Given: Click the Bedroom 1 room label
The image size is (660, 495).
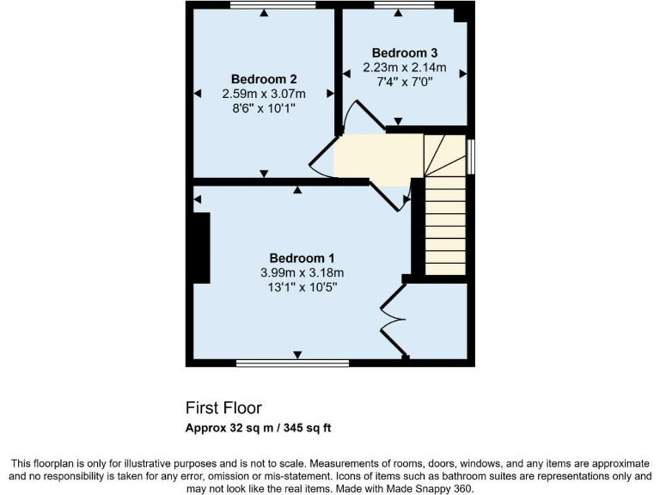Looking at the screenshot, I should click(302, 258).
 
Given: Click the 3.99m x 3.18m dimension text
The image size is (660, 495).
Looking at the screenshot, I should click(302, 273).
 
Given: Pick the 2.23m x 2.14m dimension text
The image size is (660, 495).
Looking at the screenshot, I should click(404, 68).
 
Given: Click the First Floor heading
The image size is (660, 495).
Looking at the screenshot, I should click(223, 407).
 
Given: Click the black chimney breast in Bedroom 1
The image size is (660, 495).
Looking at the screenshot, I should click(201, 247).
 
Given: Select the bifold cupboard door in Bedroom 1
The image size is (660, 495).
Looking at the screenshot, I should click(394, 319).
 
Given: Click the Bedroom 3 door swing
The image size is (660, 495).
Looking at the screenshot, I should click(362, 118).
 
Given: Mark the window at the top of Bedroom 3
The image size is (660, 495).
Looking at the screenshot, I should click(404, 6).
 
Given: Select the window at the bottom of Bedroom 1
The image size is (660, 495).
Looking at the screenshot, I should click(292, 364).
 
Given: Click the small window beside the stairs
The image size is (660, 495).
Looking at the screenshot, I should click(471, 156).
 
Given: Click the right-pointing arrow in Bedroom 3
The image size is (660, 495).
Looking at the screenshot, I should click(463, 75).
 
